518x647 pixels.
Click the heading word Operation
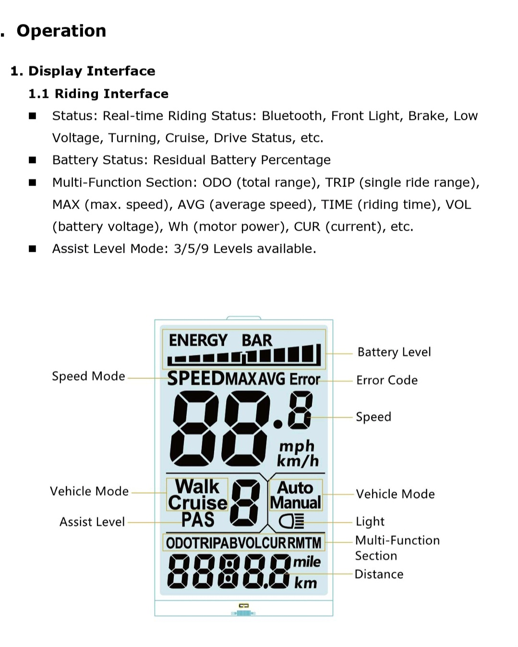tap(61, 31)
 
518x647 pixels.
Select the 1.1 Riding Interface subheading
tap(98, 94)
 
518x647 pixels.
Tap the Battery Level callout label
tap(394, 352)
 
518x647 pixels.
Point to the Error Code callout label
tap(387, 380)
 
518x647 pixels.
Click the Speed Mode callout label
tap(88, 376)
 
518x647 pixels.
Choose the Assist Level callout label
tap(92, 522)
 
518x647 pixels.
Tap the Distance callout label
tap(379, 574)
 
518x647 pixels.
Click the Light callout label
tap(370, 521)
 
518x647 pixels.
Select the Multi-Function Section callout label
tap(397, 548)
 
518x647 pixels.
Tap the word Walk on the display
tap(197, 486)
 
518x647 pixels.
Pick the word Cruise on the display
tap(197, 503)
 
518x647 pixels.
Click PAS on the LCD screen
tap(198, 519)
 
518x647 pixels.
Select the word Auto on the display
tap(295, 487)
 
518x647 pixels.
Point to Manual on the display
tap(295, 503)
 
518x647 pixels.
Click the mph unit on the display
tap(297, 446)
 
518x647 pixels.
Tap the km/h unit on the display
tap(298, 461)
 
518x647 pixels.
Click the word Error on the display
tap(304, 379)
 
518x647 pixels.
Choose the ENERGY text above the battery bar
tap(198, 341)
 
